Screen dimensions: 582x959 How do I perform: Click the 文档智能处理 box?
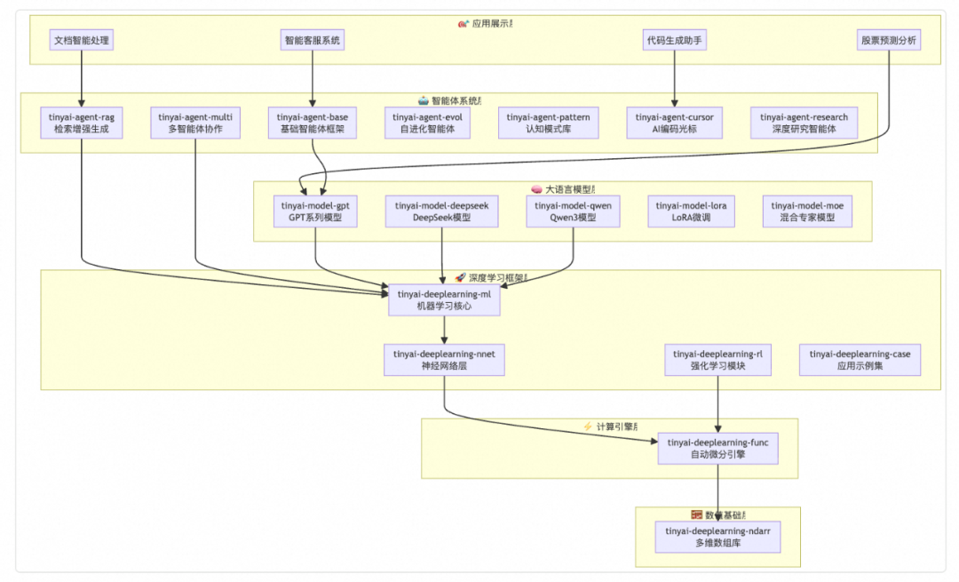[82, 40]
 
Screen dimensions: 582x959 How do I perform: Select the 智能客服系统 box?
[312, 40]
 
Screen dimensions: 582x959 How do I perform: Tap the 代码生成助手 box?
[674, 40]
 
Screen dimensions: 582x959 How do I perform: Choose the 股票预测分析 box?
[888, 40]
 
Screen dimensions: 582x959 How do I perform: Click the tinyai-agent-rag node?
[82, 123]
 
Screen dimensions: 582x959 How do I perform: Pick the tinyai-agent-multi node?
[194, 123]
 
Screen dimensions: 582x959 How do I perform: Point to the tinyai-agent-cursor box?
[674, 123]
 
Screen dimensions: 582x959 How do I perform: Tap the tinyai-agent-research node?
[804, 123]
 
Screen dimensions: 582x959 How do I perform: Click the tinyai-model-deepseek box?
[442, 211]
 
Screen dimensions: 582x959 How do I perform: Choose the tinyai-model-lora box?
[691, 211]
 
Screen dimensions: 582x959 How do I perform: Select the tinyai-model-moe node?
[806, 211]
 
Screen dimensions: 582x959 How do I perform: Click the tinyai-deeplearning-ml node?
[444, 299]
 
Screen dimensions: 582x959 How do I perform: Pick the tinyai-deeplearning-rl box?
[717, 360]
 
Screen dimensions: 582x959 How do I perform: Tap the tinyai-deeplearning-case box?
[860, 360]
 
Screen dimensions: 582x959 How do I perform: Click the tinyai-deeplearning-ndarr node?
[717, 537]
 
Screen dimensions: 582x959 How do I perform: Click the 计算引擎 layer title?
[611, 427]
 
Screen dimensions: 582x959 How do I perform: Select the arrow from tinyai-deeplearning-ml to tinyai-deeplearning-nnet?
[444, 330]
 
